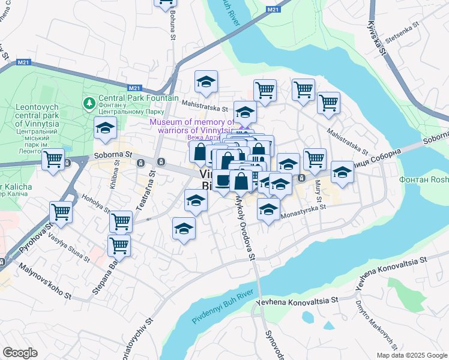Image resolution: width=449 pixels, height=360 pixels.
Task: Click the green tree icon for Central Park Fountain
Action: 89,103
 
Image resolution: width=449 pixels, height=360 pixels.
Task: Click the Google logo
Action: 20,353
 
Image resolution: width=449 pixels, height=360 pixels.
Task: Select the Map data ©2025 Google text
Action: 411,355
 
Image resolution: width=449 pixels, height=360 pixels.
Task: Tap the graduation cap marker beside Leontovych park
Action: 106,128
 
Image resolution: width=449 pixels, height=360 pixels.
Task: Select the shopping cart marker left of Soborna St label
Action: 53,160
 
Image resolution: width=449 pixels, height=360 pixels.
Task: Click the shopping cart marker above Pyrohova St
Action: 61,212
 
